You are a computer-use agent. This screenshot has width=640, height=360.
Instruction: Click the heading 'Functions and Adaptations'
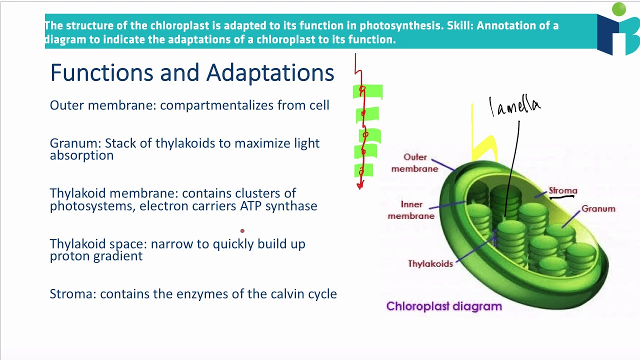tap(192, 73)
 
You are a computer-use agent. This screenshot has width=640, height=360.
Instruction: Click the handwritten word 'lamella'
tap(515, 106)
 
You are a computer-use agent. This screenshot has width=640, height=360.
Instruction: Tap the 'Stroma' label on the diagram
tap(563, 190)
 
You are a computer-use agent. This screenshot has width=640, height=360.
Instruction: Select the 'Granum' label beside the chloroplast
tap(598, 209)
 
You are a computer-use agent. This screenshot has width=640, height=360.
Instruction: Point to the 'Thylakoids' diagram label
tap(430, 263)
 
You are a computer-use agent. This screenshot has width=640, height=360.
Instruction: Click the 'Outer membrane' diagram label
tap(415, 163)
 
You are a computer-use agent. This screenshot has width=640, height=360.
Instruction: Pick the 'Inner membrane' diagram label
tap(411, 210)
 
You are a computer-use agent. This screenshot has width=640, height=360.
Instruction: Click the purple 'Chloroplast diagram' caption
tap(444, 306)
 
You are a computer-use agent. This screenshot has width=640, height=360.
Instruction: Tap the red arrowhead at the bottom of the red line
tap(359, 186)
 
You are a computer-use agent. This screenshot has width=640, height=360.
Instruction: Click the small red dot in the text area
tap(242, 231)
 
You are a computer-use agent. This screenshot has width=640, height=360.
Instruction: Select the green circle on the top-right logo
tap(619, 9)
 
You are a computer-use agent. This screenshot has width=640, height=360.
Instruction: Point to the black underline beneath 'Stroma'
tap(562, 197)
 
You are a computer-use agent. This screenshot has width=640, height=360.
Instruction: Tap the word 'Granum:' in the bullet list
tap(75, 143)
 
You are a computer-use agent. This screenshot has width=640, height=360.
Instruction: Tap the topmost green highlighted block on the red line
tap(367, 91)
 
